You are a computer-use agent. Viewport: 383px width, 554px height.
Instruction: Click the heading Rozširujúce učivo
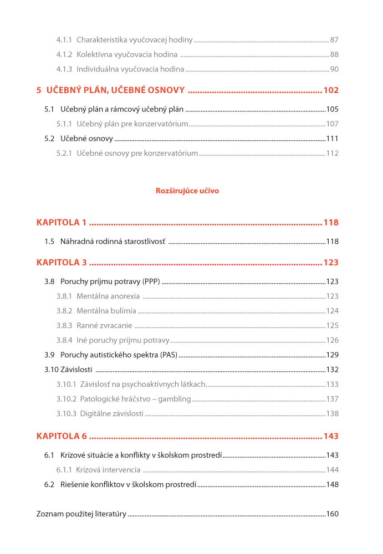pyautogui.click(x=187, y=191)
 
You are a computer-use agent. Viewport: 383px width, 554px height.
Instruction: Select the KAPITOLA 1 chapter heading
pyautogui.click(x=62, y=223)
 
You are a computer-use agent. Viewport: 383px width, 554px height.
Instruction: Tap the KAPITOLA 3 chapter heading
pyautogui.click(x=62, y=263)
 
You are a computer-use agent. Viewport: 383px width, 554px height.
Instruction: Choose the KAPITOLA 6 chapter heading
pyautogui.click(x=62, y=436)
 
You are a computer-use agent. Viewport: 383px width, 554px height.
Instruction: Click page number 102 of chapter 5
pyautogui.click(x=331, y=90)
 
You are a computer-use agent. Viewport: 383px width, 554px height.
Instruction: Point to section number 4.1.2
pyautogui.click(x=64, y=54)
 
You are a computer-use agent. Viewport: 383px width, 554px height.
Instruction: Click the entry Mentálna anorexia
pyautogui.click(x=108, y=296)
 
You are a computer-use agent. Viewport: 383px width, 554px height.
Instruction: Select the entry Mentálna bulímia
pyautogui.click(x=106, y=311)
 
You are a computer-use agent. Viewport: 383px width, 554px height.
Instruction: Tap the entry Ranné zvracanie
pyautogui.click(x=104, y=326)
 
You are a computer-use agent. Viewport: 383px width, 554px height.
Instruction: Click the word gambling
pyautogui.click(x=174, y=399)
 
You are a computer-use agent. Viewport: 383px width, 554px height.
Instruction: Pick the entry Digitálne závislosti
pyautogui.click(x=111, y=413)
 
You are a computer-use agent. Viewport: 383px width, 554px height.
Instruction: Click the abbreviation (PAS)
pyautogui.click(x=166, y=355)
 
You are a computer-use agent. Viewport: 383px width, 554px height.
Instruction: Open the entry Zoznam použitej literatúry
pyautogui.click(x=81, y=514)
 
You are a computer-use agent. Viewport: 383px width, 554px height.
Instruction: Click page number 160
pyautogui.click(x=332, y=514)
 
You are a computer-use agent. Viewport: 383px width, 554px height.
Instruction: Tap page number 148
pyautogui.click(x=332, y=484)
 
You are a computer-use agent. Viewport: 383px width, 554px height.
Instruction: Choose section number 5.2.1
pyautogui.click(x=64, y=153)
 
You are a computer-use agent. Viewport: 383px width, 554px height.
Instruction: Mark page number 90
pyautogui.click(x=334, y=69)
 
